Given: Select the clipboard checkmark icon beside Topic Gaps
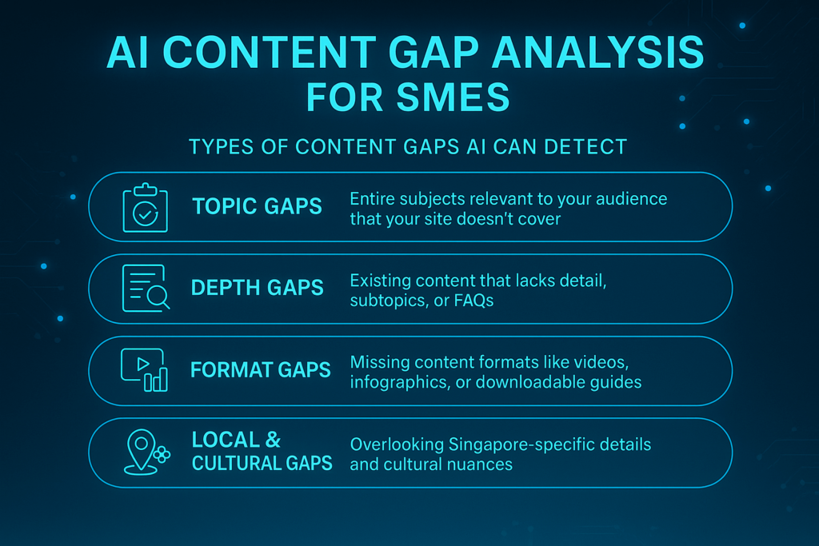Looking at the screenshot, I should pyautogui.click(x=145, y=208).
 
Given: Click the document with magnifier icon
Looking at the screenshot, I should pyautogui.click(x=145, y=288).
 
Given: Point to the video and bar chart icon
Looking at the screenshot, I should pyautogui.click(x=145, y=370).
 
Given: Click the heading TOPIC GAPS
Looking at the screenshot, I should pyautogui.click(x=257, y=206).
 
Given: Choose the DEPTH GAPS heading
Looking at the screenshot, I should pyautogui.click(x=257, y=288).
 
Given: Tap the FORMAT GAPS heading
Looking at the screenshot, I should pyautogui.click(x=260, y=370).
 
